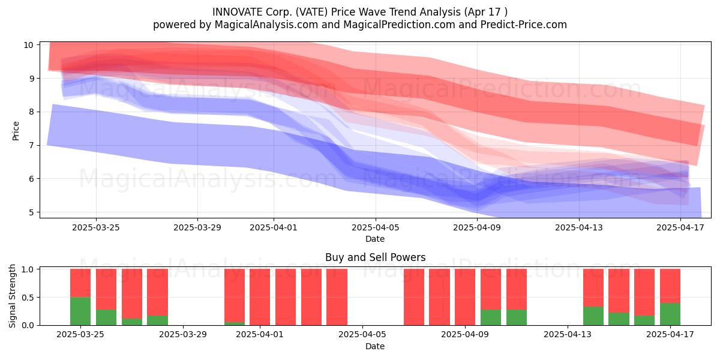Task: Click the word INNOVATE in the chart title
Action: click(x=238, y=12)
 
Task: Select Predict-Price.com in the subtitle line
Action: click(x=524, y=25)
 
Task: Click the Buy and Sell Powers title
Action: click(x=375, y=257)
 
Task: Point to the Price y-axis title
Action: click(x=16, y=131)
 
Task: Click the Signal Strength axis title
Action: click(x=12, y=296)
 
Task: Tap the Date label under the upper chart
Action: click(x=375, y=239)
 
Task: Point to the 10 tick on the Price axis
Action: click(x=29, y=45)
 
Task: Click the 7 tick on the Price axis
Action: click(x=31, y=145)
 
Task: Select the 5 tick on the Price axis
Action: click(x=31, y=212)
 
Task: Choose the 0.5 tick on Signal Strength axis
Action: click(x=28, y=298)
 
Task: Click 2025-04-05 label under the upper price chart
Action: click(x=375, y=227)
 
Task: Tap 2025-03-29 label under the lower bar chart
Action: click(x=183, y=335)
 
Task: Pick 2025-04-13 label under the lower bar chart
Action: click(x=568, y=335)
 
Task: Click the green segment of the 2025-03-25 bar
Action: click(x=80, y=311)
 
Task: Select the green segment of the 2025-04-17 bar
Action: click(x=670, y=314)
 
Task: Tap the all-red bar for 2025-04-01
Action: click(x=260, y=297)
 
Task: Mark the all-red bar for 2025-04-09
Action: click(x=465, y=297)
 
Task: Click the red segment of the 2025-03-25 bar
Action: click(x=80, y=283)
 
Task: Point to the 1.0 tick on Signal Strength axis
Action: click(x=28, y=269)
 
